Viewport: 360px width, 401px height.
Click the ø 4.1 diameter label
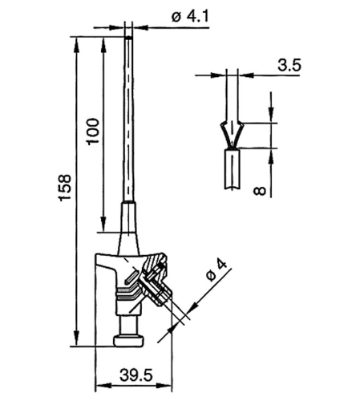[190, 17]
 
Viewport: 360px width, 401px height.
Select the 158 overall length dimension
[65, 188]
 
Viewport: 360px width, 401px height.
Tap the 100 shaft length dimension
[93, 132]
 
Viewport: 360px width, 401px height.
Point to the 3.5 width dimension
[289, 66]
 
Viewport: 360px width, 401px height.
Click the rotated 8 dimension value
[260, 191]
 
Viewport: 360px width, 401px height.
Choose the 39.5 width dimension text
[136, 375]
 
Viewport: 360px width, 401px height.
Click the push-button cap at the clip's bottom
[128, 340]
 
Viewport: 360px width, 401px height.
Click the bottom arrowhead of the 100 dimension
[103, 224]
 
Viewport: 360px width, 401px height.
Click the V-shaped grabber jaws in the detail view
[232, 135]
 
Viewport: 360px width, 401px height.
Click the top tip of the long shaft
[128, 37]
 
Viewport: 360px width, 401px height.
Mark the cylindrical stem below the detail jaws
[232, 169]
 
